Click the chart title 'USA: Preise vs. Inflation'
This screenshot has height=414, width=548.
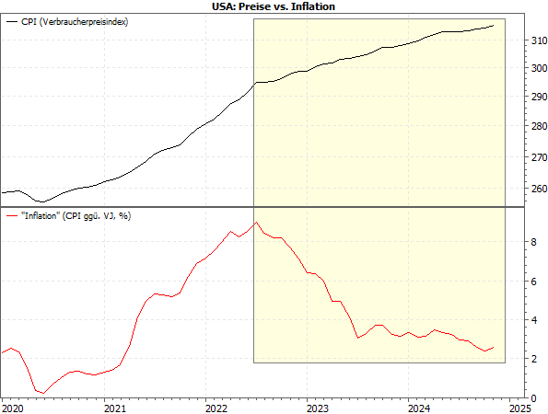click(274, 6)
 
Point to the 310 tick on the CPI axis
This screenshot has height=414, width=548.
click(538, 41)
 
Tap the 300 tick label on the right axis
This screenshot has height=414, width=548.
click(538, 68)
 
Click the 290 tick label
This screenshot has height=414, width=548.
click(538, 97)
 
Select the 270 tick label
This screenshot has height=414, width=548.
click(538, 157)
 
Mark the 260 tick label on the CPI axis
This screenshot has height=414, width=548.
click(538, 189)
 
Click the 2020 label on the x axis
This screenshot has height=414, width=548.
click(12, 407)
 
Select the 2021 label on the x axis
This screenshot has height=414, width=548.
click(113, 407)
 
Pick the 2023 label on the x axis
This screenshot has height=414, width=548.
click(317, 407)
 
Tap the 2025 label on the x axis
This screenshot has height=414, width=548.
click(519, 407)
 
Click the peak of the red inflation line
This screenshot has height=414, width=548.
click(255, 223)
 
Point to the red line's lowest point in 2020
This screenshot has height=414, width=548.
click(43, 393)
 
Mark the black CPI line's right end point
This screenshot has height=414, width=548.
click(494, 25)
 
